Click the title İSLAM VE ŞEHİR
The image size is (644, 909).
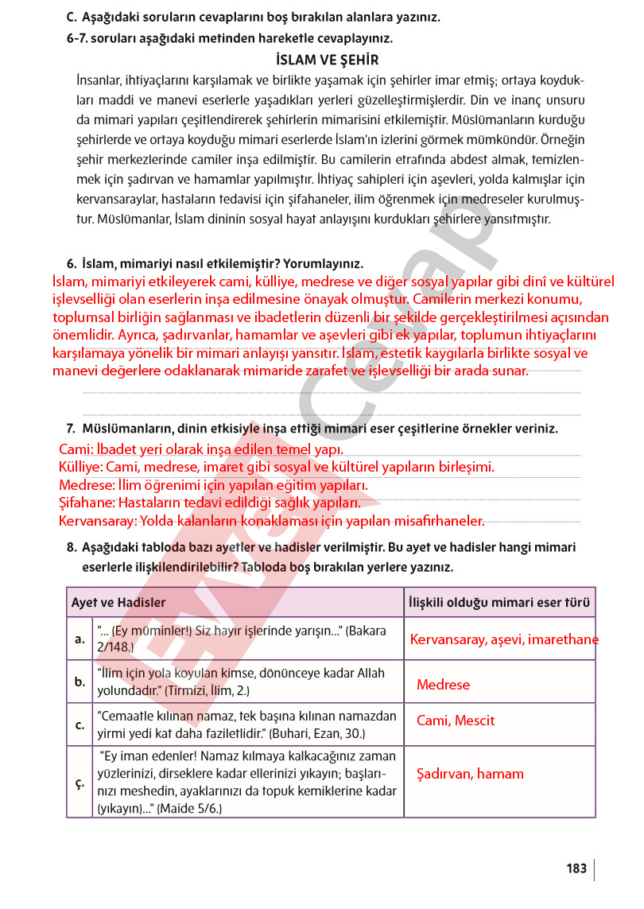[x=327, y=60]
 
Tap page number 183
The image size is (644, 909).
[x=577, y=868]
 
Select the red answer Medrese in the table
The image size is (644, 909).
[x=443, y=685]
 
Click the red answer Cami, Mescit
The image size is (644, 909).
[x=456, y=721]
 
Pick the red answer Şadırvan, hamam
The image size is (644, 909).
[x=470, y=774]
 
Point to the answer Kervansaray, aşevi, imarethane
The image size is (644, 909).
[x=504, y=640]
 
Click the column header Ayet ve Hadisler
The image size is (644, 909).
[x=118, y=603]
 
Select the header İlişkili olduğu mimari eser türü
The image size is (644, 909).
[x=498, y=603]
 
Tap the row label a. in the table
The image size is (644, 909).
[x=80, y=639]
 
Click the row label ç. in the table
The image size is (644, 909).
[x=80, y=783]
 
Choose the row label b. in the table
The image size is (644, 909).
[x=80, y=682]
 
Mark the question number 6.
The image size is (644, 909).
[x=72, y=263]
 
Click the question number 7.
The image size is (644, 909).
[x=71, y=429]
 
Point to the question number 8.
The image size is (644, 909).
[x=72, y=548]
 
